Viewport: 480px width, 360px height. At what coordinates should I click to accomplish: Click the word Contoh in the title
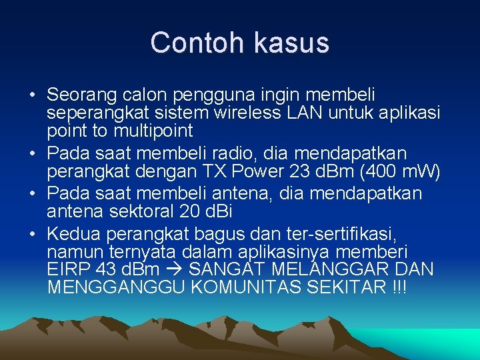pos(192,43)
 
